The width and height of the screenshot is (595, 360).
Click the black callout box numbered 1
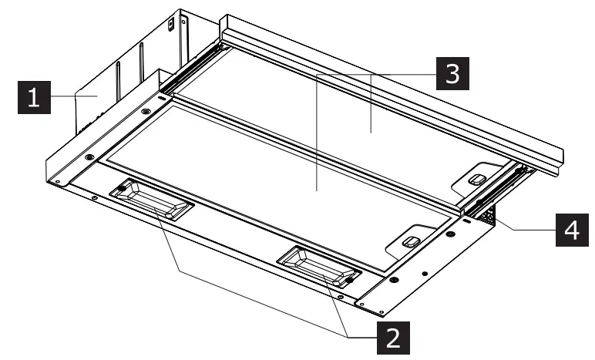33,98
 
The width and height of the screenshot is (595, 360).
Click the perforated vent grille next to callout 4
487,214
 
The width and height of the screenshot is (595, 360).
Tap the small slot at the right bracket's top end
467,220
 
